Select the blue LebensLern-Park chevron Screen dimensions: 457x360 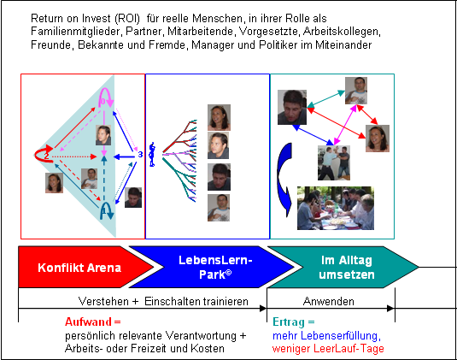[x=212, y=268]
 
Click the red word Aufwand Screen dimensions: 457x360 [x=88, y=322]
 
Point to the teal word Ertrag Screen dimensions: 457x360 [x=289, y=322]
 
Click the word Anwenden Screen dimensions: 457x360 [x=329, y=301]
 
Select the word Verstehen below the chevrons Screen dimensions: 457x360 [x=103, y=301]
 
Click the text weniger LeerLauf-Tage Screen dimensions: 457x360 [x=328, y=348]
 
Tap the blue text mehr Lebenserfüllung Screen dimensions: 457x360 [x=325, y=336]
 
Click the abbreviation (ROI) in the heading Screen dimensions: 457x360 [x=127, y=18]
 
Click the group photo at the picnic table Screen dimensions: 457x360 [x=336, y=208]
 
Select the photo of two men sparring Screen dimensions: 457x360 [x=334, y=162]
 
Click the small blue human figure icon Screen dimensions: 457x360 [x=152, y=155]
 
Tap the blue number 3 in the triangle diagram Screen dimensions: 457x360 [x=140, y=154]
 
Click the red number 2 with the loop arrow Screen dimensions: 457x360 [x=46, y=156]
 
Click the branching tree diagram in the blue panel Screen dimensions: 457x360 [x=179, y=160]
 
